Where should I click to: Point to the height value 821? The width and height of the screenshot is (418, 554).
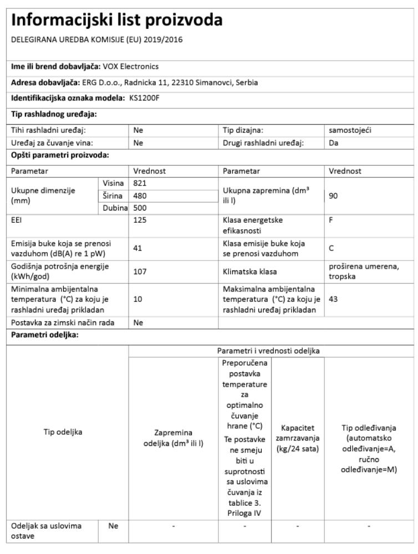(140, 183)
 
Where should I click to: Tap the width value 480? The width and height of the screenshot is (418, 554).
(140, 195)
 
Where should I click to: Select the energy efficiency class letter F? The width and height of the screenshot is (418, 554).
(330, 219)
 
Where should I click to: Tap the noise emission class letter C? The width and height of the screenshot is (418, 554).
(331, 249)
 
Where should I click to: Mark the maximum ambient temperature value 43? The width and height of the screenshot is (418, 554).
(333, 298)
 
